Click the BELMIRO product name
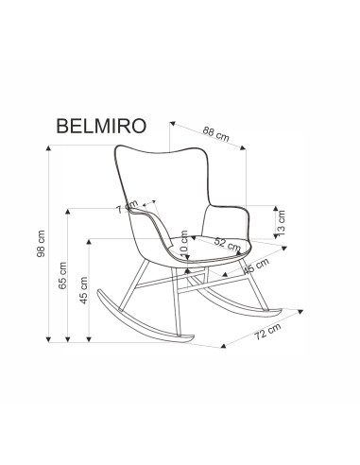(x=101, y=126)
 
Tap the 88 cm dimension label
(x=215, y=133)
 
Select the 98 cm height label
(x=42, y=244)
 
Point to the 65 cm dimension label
(x=62, y=275)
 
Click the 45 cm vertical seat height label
(x=83, y=290)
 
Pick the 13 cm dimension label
(x=281, y=223)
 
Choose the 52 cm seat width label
(x=228, y=244)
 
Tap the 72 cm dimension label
(x=267, y=331)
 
